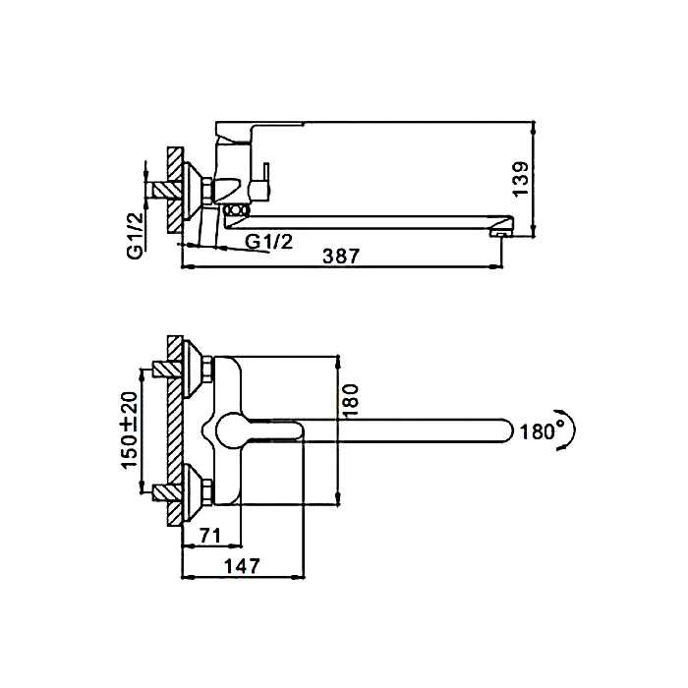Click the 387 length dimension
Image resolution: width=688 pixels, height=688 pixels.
341,257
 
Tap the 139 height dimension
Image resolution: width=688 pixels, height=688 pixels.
522,180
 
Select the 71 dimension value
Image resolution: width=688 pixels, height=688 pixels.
210,536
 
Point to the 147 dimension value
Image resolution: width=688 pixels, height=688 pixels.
242,566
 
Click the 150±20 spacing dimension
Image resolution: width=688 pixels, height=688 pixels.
130,430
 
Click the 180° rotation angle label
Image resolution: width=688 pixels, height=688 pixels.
538,431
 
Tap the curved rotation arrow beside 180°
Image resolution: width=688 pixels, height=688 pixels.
569,430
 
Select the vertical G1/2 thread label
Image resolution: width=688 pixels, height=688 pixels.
136,235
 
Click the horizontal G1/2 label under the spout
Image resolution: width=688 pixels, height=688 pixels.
268,242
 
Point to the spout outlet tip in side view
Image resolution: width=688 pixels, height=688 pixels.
502,233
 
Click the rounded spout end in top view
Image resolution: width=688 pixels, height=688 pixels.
507,430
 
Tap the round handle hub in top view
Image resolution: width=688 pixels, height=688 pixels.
231,430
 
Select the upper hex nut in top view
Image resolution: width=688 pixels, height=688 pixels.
206,369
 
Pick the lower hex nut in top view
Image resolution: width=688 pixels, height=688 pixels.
206,491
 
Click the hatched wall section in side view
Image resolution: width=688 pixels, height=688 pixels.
174,191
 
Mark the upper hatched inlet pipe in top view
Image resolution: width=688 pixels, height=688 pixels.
167,369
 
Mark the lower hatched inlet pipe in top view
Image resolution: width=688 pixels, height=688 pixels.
167,491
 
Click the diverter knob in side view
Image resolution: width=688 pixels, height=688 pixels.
235,210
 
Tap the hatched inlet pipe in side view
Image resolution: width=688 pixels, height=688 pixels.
167,190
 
